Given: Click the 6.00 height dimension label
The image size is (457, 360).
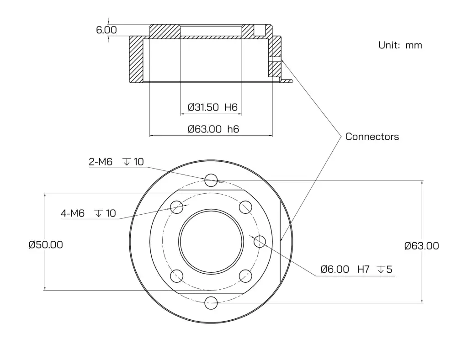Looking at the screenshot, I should [x=106, y=30].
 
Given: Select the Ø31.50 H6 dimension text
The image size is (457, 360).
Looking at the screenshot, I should [x=213, y=107].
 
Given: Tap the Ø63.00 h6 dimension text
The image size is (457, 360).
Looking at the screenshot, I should [x=213, y=129].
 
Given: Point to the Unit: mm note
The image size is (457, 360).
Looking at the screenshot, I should [x=400, y=45].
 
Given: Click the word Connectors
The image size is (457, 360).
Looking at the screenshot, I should [x=372, y=136].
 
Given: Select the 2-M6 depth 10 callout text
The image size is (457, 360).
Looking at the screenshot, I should [x=116, y=161].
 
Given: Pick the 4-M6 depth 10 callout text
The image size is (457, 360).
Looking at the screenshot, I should [x=88, y=213].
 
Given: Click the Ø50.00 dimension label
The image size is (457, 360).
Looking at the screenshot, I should [x=46, y=244].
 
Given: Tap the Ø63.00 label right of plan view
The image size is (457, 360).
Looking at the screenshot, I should [x=421, y=246].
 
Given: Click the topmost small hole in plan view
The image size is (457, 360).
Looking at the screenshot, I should [x=211, y=180].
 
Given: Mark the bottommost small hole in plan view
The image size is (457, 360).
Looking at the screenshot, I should [x=211, y=302].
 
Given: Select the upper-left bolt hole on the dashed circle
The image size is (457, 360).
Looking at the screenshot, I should [x=176, y=206].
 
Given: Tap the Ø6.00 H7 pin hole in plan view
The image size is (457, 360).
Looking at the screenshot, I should [x=260, y=241].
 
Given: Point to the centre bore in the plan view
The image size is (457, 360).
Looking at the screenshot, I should [x=211, y=241].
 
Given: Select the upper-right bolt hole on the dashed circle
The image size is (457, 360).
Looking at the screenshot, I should [x=245, y=206].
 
